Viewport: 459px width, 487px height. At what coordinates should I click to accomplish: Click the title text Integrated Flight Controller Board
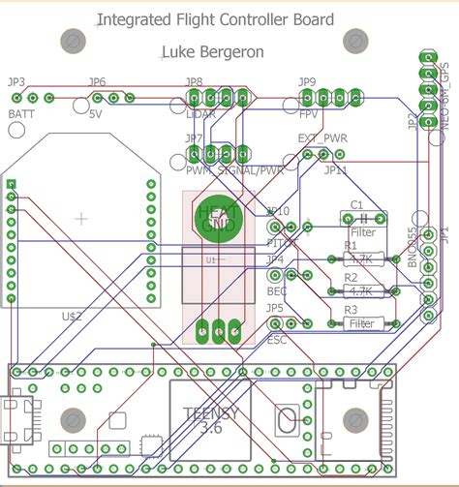(216, 19)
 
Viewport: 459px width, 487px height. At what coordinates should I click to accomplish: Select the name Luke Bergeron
(216, 51)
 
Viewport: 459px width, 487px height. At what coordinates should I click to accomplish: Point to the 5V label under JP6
(95, 114)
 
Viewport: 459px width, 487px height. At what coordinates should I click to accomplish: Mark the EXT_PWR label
(321, 138)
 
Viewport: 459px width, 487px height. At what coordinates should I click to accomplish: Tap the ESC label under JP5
(277, 340)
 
